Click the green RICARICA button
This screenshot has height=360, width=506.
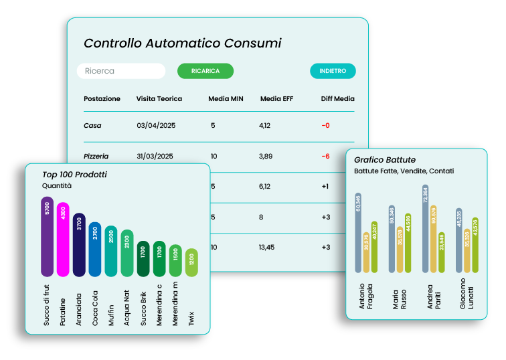click(x=205, y=71)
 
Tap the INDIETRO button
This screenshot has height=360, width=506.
click(x=333, y=71)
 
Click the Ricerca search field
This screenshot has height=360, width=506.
click(x=121, y=71)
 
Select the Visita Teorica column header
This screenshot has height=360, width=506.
click(x=159, y=99)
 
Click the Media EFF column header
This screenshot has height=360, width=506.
click(x=276, y=99)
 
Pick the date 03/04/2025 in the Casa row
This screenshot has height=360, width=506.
click(x=155, y=125)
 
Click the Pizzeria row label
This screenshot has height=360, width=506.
click(x=96, y=156)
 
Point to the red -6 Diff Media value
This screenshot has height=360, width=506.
click(x=325, y=156)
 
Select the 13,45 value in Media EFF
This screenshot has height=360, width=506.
click(x=268, y=247)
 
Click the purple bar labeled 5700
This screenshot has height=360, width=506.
click(x=47, y=236)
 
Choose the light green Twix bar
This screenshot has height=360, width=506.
click(x=191, y=262)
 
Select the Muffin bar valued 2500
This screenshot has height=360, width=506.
click(x=111, y=251)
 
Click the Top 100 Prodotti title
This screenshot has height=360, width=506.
click(x=74, y=175)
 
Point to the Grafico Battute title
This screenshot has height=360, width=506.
click(x=385, y=160)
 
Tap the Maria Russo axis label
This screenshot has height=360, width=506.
click(x=399, y=301)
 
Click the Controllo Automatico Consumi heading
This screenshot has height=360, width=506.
click(x=182, y=43)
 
